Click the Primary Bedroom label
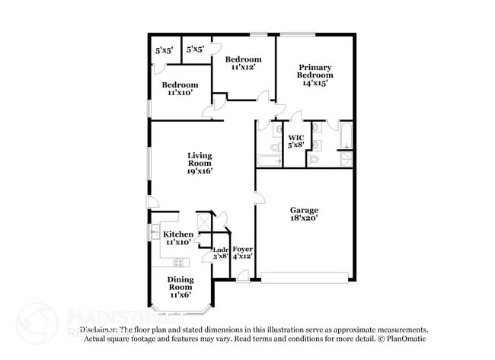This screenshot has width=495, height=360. [315, 75]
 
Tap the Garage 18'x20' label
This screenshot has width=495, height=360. [304, 214]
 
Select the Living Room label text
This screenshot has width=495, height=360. [200, 163]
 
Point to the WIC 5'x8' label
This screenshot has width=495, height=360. [295, 141]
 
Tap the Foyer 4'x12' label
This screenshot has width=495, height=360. [242, 253]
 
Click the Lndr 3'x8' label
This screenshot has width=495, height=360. [221, 253]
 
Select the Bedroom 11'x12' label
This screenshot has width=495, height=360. [243, 63]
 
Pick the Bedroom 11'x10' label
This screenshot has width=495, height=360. [180, 89]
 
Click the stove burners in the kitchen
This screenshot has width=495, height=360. [180, 263]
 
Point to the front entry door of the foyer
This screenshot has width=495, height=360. [242, 276]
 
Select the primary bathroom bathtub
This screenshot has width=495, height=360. [346, 135]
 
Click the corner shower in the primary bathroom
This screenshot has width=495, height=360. [346, 158]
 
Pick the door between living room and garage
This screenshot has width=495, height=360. [259, 199]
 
